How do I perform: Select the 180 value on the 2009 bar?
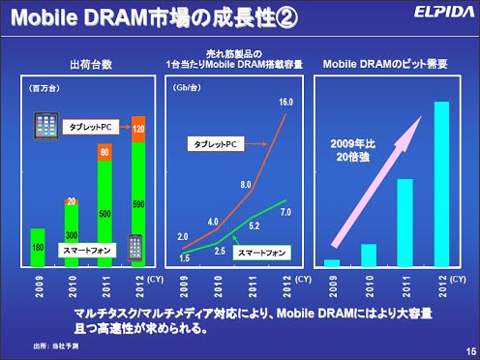pyautogui.click(x=37, y=247)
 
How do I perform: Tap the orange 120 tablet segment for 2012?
pyautogui.click(x=138, y=128)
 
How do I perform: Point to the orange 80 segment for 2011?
pyautogui.click(x=105, y=151)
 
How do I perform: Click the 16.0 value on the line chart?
pyautogui.click(x=285, y=102)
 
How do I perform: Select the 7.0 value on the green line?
pyautogui.click(x=285, y=211)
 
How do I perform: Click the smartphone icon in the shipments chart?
pyautogui.click(x=134, y=247)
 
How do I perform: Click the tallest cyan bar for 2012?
pyautogui.click(x=441, y=184)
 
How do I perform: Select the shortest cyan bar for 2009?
pyautogui.click(x=333, y=261)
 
